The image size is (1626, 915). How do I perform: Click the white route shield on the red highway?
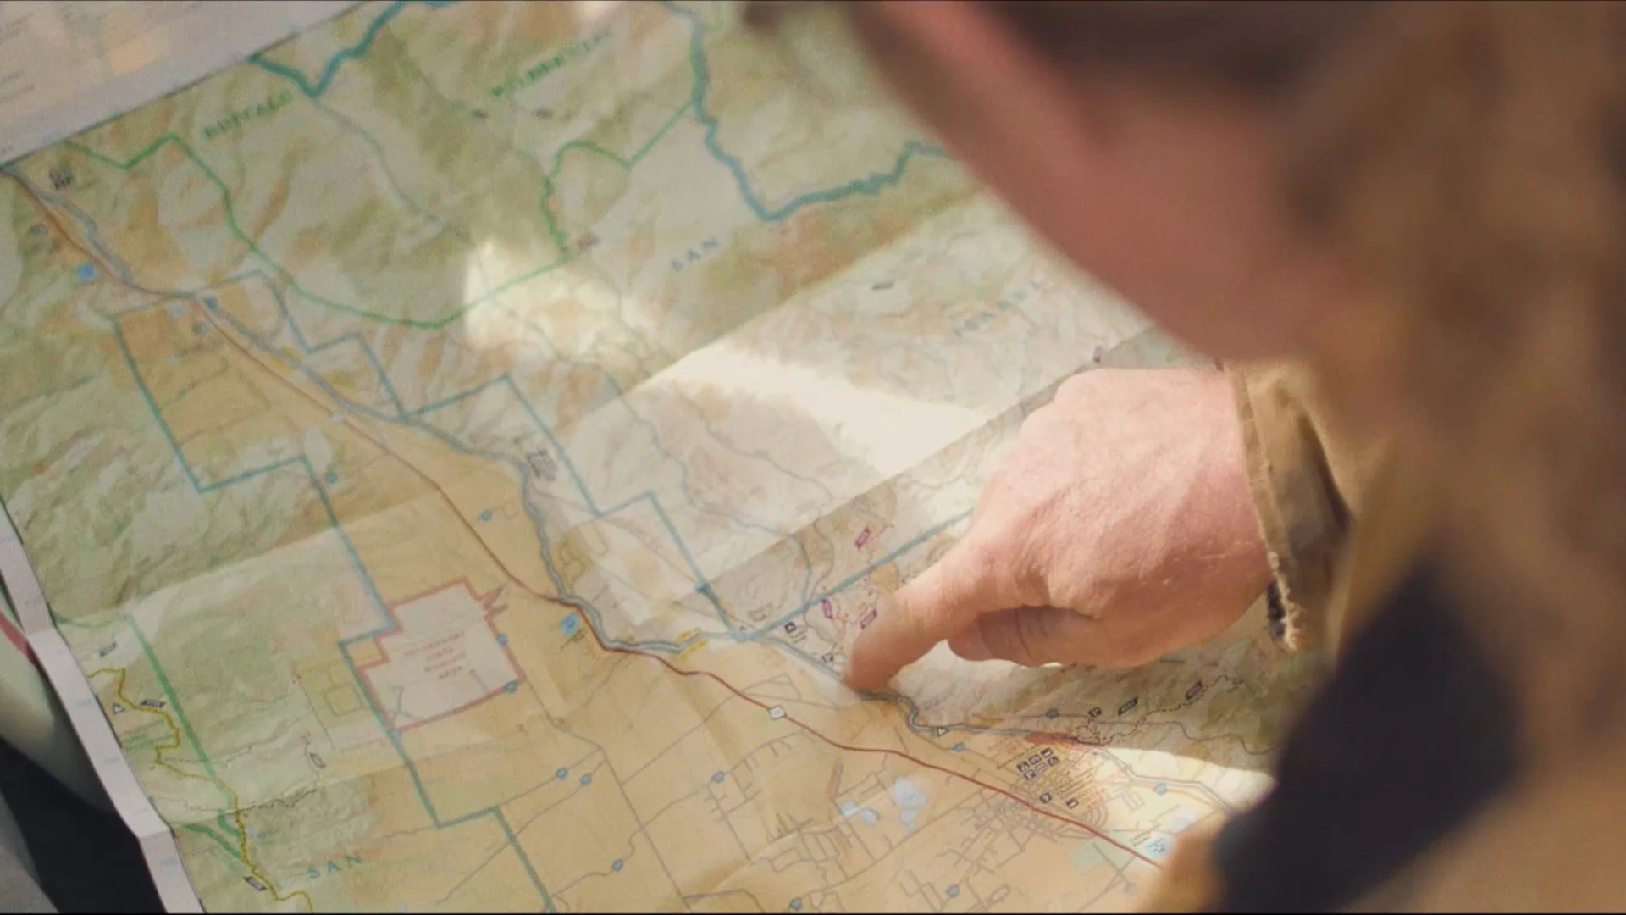pyautogui.click(x=775, y=712)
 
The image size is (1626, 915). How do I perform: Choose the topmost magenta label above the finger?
pyautogui.click(x=862, y=537)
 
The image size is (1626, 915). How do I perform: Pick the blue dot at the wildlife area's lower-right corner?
pyautogui.click(x=512, y=685)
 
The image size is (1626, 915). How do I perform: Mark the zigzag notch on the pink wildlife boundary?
pyautogui.click(x=493, y=602)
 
